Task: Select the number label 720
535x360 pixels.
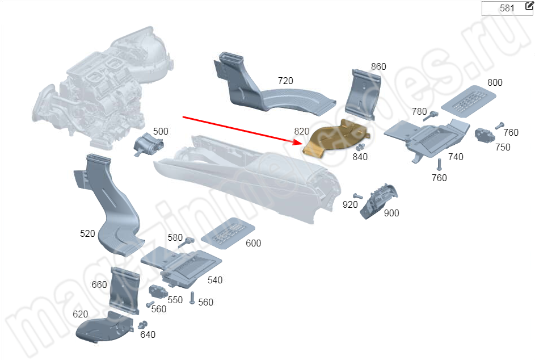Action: [x=285, y=81]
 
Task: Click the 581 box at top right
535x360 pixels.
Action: [x=506, y=9]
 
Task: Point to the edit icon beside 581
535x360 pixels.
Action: [x=529, y=6]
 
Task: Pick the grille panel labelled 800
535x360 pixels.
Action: [x=468, y=101]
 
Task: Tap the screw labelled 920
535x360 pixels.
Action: [x=357, y=196]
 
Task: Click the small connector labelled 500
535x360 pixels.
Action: [x=147, y=145]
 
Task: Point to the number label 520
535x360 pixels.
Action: [x=87, y=233]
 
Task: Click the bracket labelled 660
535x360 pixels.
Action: [x=124, y=290]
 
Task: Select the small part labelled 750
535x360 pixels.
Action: [x=485, y=135]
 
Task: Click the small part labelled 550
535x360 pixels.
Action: [x=157, y=294]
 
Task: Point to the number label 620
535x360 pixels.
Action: [x=81, y=314]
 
